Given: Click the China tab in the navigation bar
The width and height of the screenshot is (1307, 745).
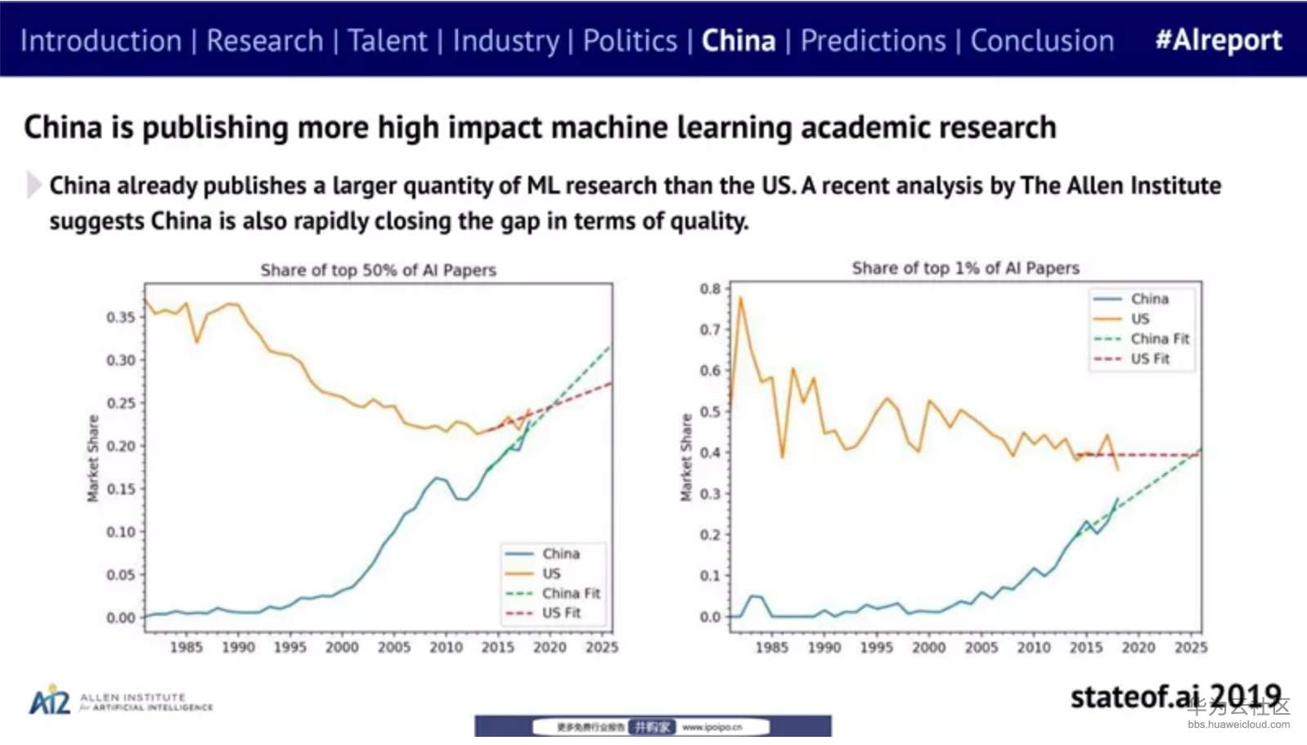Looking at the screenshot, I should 738,40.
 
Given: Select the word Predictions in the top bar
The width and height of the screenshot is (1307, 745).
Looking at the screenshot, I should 873,40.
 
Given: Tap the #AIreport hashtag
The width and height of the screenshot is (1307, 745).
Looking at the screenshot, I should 1218,40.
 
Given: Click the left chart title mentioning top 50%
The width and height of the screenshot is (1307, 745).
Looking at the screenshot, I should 378,270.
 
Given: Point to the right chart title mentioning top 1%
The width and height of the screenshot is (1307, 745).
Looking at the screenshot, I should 965,268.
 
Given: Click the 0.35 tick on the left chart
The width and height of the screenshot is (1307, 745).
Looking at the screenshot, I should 120,317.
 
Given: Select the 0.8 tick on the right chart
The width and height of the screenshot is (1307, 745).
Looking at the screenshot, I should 710,289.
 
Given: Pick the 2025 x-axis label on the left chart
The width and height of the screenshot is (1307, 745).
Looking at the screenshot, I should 601,647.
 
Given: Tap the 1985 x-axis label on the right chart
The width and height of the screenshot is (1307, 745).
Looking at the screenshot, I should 771,647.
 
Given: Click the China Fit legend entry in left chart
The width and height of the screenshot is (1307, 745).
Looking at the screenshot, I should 570,593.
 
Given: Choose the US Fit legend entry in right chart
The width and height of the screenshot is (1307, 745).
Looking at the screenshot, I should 1149,358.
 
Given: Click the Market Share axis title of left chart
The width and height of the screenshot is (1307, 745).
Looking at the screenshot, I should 93,458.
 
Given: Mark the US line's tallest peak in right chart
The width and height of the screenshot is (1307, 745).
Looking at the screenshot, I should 740,298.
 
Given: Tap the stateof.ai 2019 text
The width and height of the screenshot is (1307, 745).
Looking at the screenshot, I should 1175,697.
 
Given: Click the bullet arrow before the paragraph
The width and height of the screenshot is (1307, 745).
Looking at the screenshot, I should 34,185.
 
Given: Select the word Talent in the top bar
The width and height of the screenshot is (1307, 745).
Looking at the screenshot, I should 387,40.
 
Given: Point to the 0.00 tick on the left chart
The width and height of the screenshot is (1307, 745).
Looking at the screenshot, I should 120,618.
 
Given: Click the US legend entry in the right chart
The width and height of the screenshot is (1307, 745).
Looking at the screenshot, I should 1139,318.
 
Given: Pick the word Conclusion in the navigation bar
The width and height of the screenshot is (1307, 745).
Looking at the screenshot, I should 1041,40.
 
